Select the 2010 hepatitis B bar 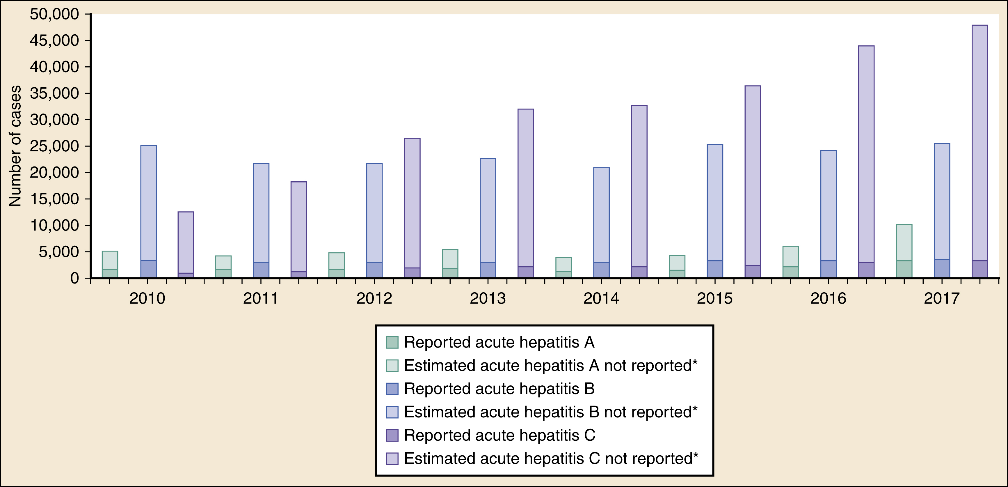tap(148, 211)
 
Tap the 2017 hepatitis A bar tap(904, 251)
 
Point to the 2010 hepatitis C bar tap(186, 245)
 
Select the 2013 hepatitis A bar tap(450, 263)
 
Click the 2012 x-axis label tap(374, 299)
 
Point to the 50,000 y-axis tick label tap(54, 15)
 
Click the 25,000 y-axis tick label tap(54, 146)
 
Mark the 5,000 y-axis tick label tap(59, 252)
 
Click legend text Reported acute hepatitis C tap(499, 435)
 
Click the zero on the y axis tap(75, 278)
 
